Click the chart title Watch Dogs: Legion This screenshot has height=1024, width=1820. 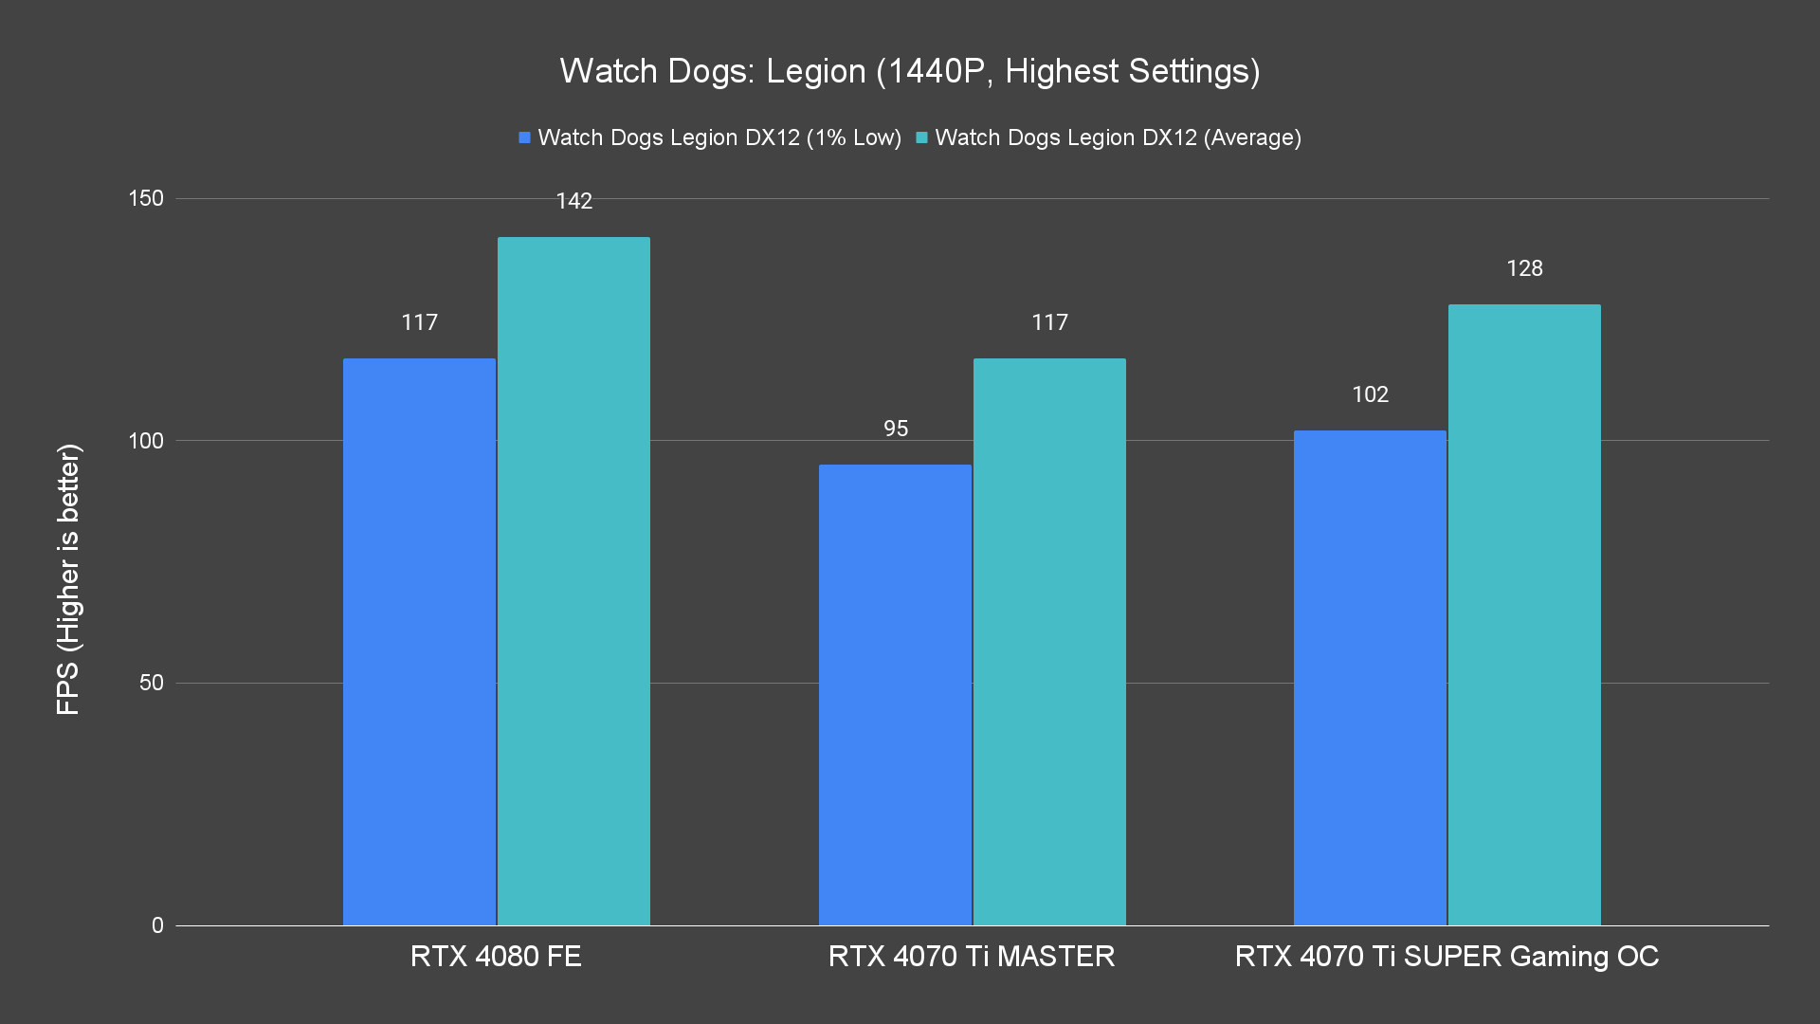point(909,71)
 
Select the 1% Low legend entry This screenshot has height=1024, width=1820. point(710,137)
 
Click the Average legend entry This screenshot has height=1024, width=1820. point(1108,137)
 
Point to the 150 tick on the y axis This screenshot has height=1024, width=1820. point(146,198)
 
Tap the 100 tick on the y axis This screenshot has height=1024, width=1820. point(146,441)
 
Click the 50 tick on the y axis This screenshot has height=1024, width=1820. point(151,683)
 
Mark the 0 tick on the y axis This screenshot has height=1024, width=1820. point(157,925)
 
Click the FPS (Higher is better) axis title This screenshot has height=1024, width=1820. point(68,578)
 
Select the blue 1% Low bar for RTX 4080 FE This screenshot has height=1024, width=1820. point(419,641)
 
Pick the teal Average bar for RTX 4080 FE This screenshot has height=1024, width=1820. point(573,580)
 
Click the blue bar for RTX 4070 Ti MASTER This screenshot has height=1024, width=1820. point(895,694)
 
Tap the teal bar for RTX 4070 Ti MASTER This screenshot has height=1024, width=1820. point(1049,641)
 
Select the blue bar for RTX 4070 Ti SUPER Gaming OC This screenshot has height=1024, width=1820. point(1370,677)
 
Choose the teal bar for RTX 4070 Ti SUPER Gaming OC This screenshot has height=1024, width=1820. point(1524,614)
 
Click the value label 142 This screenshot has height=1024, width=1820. point(573,201)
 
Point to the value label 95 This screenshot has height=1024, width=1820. point(895,429)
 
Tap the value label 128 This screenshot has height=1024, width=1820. point(1524,268)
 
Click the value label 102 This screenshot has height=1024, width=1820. point(1370,394)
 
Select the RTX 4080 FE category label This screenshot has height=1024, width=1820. point(496,956)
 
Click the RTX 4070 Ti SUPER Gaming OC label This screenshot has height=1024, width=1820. point(1447,956)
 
